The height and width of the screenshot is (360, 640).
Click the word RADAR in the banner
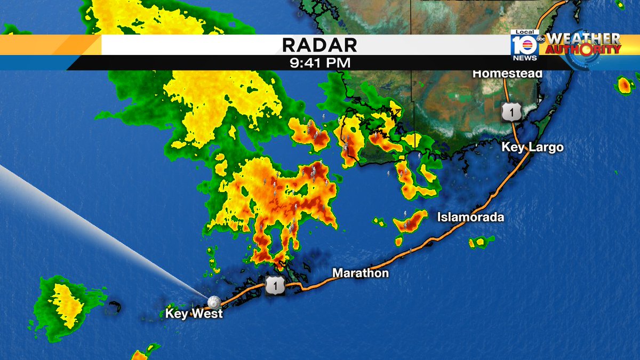pos(319,45)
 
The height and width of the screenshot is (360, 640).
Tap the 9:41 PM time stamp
pos(319,63)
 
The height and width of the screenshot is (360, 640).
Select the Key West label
pos(194,314)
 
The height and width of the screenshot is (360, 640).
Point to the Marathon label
pos(361,274)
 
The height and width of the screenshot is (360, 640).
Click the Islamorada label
pos(470,217)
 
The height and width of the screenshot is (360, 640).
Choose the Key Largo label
pos(532,147)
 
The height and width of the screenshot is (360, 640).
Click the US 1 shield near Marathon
pos(275,286)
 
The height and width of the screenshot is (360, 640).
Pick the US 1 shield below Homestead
pos(509,113)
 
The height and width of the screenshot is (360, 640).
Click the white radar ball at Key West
pos(214,302)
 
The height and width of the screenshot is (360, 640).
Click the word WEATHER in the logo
pos(584,39)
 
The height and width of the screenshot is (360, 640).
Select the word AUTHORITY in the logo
pos(584,50)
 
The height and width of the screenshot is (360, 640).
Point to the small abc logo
pos(540,38)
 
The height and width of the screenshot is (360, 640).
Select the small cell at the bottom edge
pos(140,355)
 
